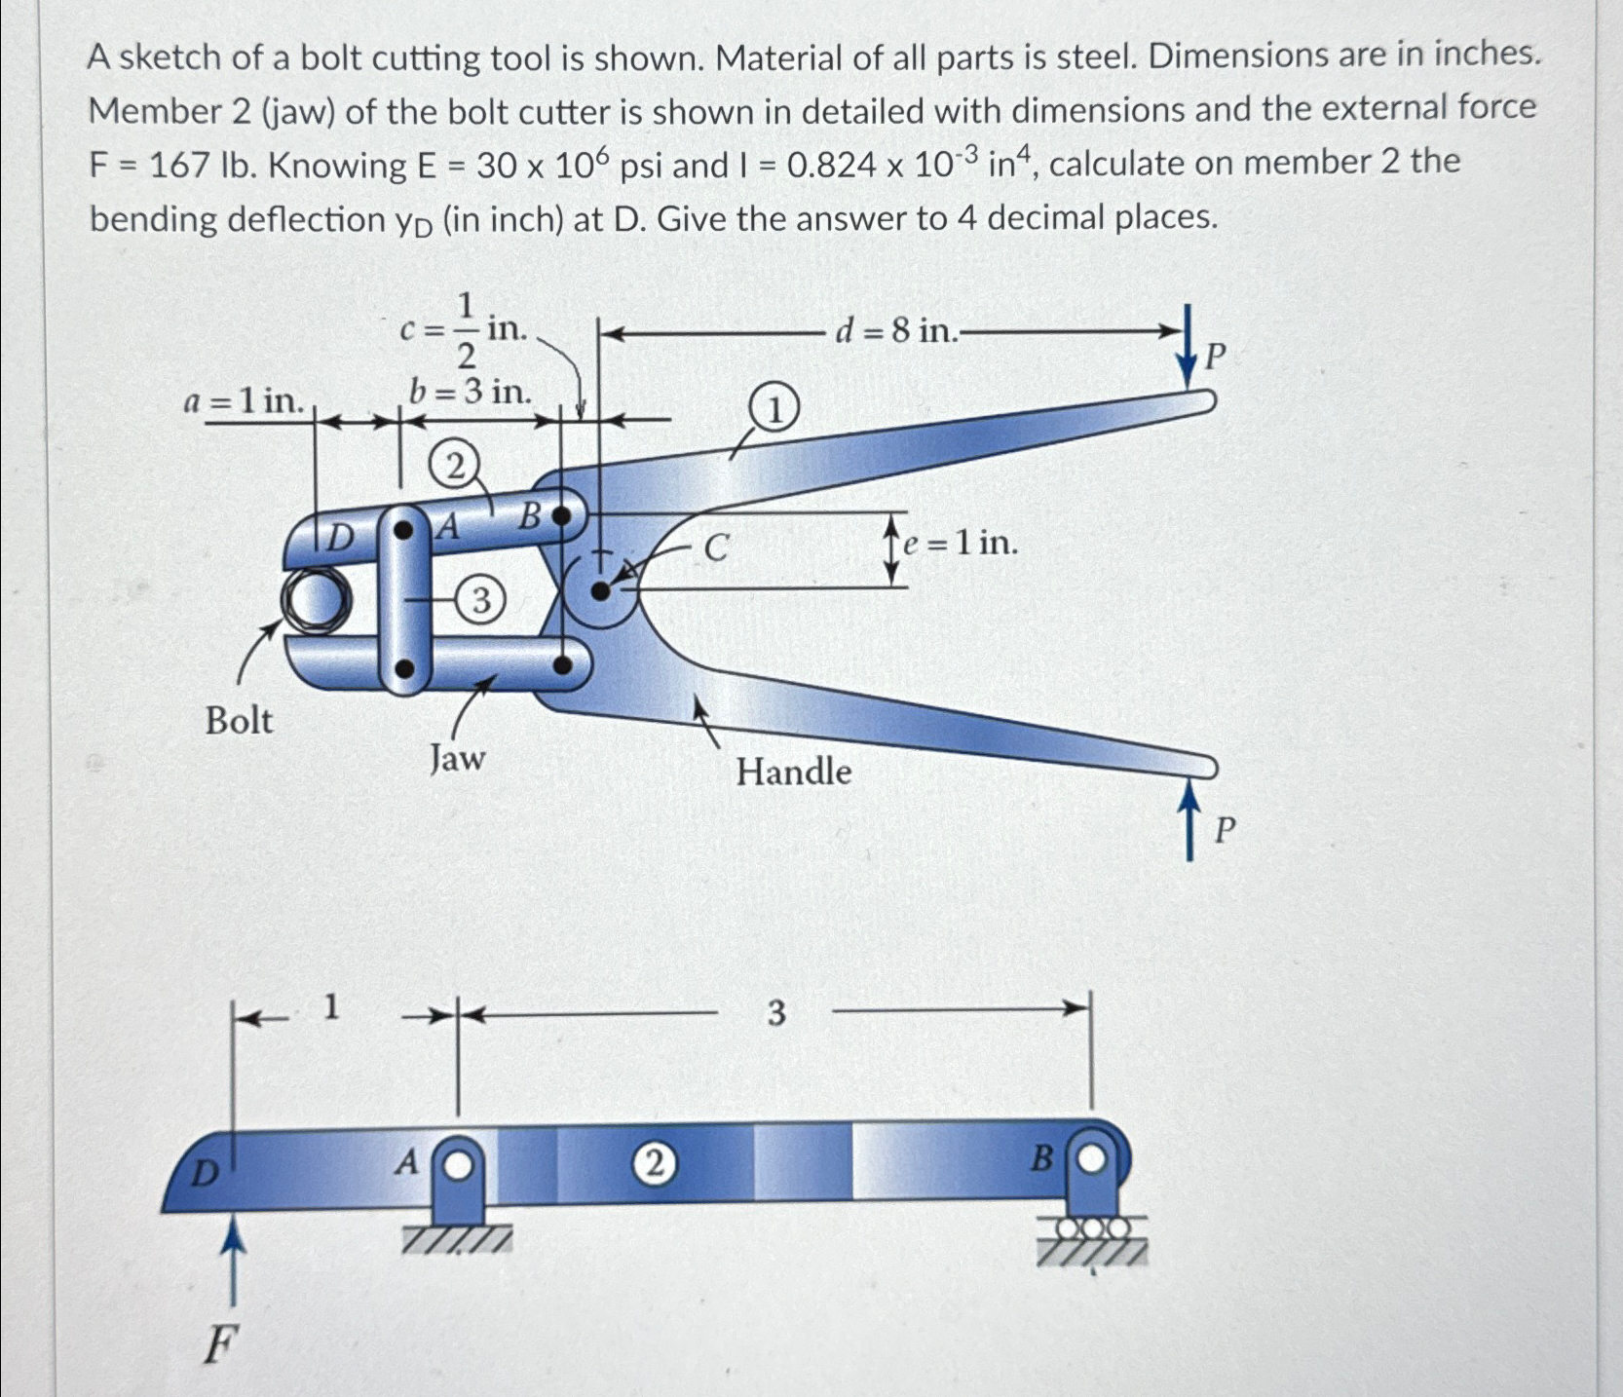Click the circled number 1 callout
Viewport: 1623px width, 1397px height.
[774, 411]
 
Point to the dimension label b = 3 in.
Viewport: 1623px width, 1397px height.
[471, 392]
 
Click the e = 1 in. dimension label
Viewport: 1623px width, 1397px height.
[960, 543]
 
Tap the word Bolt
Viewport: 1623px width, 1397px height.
[239, 722]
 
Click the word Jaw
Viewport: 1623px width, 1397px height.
[457, 757]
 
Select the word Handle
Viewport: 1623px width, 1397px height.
[793, 773]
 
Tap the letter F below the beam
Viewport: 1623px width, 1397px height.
[219, 1347]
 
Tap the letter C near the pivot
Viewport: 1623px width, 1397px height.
[715, 548]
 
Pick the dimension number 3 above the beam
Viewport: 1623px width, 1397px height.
[775, 1014]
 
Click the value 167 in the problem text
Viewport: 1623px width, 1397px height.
[178, 167]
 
